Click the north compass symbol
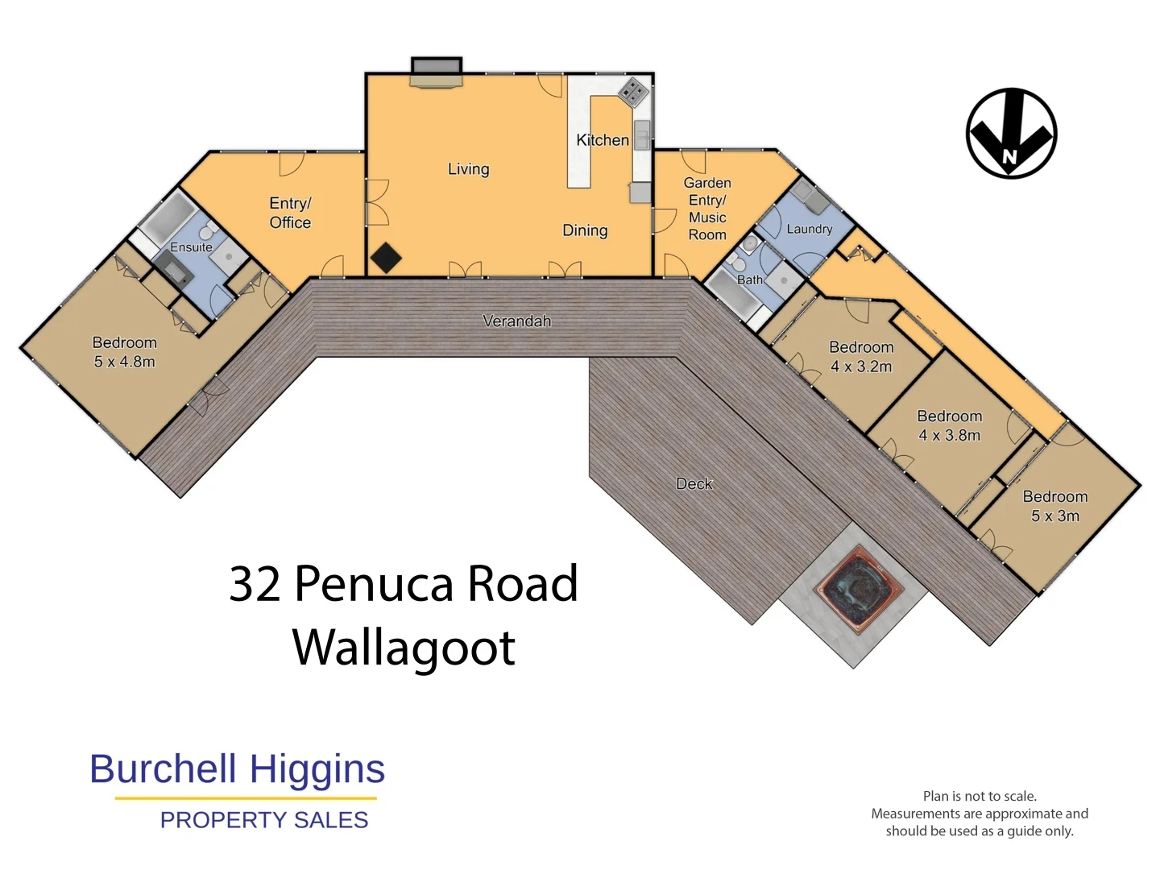(x=1011, y=134)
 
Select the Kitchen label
(x=602, y=140)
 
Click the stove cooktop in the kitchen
(x=633, y=93)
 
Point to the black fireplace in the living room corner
(x=386, y=258)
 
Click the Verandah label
(x=516, y=321)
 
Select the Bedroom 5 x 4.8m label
(x=124, y=352)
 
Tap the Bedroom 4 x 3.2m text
(x=861, y=357)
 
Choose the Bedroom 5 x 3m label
(x=1054, y=506)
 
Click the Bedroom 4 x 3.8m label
(x=949, y=425)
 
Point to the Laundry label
(x=809, y=229)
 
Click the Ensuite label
(x=191, y=247)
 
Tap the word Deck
(x=694, y=483)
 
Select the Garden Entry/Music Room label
(x=706, y=209)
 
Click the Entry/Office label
(x=290, y=213)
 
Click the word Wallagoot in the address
(x=404, y=648)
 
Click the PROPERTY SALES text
(x=263, y=820)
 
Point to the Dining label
(x=585, y=230)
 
